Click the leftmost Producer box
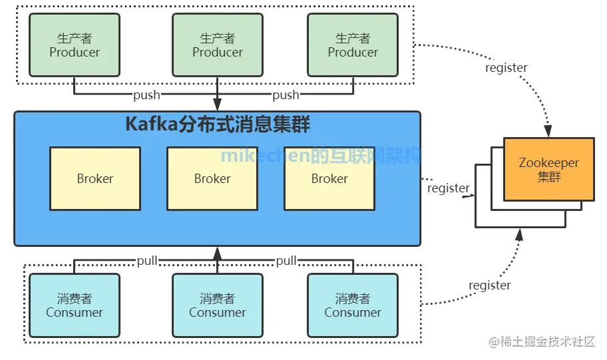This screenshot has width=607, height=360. (x=75, y=45)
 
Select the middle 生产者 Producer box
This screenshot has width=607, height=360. (x=218, y=45)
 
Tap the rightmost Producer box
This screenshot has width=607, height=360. (x=353, y=45)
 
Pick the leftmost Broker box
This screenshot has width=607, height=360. (x=95, y=178)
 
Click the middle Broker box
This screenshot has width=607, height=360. (x=212, y=178)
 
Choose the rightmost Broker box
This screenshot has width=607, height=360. (x=329, y=178)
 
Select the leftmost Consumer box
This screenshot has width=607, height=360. (x=75, y=305)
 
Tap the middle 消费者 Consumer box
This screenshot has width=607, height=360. (x=218, y=305)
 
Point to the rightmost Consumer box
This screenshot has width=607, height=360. (x=353, y=305)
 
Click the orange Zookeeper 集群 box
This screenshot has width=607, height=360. (x=549, y=170)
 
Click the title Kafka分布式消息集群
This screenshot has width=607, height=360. (x=218, y=125)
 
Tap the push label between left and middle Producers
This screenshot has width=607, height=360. (x=146, y=94)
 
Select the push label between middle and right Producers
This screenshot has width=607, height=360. (x=286, y=94)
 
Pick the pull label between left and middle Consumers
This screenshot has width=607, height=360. (x=146, y=260)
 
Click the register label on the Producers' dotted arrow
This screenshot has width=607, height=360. (x=506, y=68)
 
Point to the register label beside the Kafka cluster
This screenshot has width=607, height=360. (x=448, y=188)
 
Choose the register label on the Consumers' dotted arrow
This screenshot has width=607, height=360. (x=489, y=285)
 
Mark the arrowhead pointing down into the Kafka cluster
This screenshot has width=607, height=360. (x=217, y=104)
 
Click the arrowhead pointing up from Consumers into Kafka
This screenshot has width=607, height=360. (x=217, y=252)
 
